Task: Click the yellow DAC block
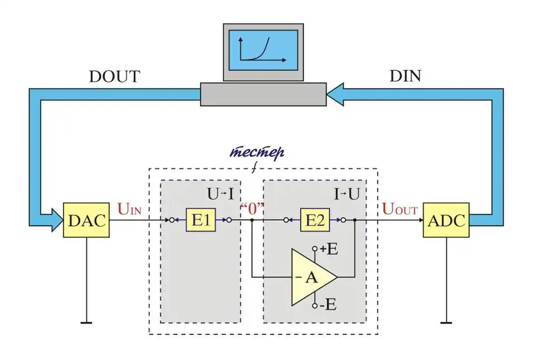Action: (86, 221)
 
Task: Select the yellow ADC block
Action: (446, 221)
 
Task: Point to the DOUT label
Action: (114, 77)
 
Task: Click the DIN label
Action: (405, 77)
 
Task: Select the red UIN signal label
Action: (129, 210)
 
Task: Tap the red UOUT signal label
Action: (400, 210)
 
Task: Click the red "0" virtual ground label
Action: (251, 210)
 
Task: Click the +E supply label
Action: (329, 249)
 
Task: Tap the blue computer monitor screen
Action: (264, 49)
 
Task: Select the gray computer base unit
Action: (263, 94)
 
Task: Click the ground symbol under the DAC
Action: (86, 322)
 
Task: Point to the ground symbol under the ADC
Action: (446, 322)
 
